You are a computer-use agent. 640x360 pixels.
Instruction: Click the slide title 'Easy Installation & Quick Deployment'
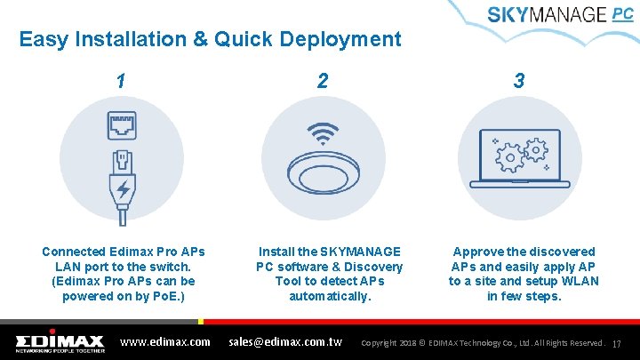pos(210,39)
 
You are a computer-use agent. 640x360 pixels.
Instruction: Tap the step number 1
pos(120,81)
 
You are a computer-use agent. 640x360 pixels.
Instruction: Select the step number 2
pos(323,81)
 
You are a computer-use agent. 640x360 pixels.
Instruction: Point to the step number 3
pos(519,81)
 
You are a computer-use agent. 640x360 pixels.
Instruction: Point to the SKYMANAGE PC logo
pos(560,16)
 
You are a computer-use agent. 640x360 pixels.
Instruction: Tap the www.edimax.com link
pos(165,341)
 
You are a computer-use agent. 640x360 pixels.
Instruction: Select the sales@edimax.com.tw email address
pos(286,341)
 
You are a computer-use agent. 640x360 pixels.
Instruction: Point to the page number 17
pos(617,343)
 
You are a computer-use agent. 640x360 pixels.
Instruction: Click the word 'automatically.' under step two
pos(330,295)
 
